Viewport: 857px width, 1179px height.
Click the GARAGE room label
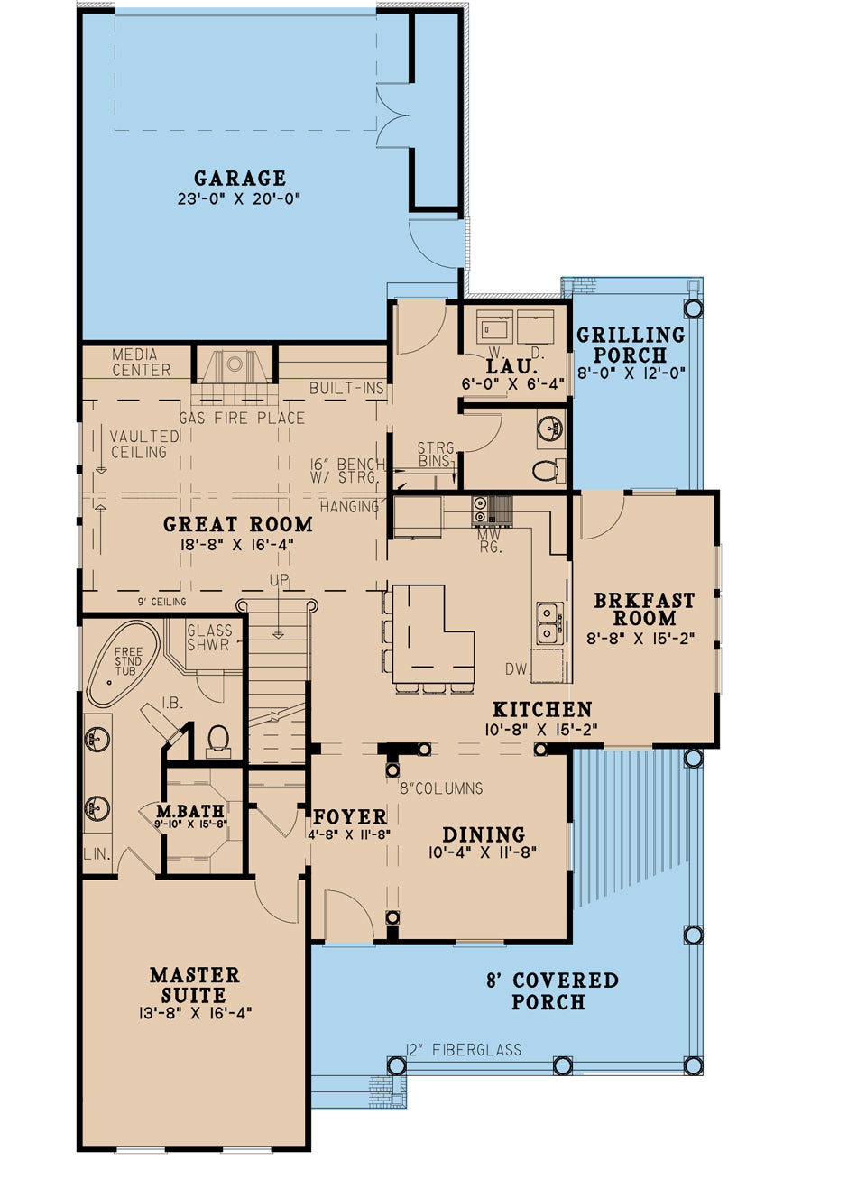[239, 179]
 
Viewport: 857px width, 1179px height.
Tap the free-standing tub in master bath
[123, 663]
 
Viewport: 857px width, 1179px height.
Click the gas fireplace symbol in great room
[235, 365]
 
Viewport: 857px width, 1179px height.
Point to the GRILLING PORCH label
[631, 345]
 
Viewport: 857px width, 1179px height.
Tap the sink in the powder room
[550, 428]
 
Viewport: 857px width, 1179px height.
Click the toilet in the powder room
[545, 470]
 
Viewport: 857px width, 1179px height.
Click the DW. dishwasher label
[515, 668]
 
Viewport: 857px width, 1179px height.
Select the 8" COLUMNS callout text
[441, 788]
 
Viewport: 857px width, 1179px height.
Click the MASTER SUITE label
[195, 985]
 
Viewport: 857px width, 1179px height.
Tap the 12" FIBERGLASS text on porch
[464, 1049]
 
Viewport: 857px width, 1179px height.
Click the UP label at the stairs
[279, 581]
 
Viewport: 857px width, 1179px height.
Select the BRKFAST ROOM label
[644, 610]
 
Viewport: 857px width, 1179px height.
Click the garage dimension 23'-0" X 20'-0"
[239, 199]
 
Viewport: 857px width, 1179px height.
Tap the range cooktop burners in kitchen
[480, 511]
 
